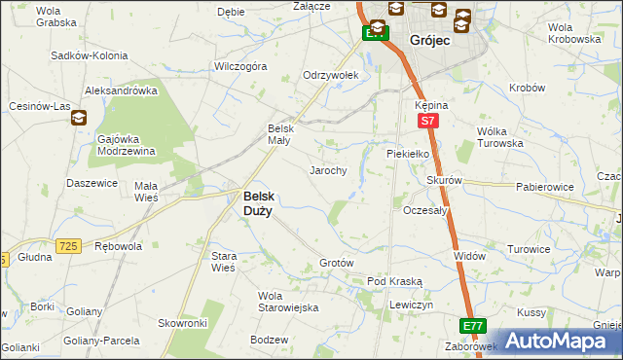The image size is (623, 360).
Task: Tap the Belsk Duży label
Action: coord(257,202)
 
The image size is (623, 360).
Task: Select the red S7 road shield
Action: coord(426,121)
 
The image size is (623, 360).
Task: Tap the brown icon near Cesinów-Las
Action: coord(78,118)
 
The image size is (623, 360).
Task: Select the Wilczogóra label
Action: coord(240,67)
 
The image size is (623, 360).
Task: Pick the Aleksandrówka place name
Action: coord(122,90)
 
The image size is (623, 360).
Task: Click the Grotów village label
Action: coord(336,264)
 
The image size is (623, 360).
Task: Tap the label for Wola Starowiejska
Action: coord(288,302)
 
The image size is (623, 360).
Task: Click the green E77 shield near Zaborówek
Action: coord(473,325)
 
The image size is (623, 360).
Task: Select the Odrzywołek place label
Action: coord(331,75)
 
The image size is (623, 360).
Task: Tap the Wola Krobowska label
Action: coord(574,33)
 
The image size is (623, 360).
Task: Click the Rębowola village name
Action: coord(118,246)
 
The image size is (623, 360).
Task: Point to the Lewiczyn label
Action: coord(410,305)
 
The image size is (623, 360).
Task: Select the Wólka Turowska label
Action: coord(499,137)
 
